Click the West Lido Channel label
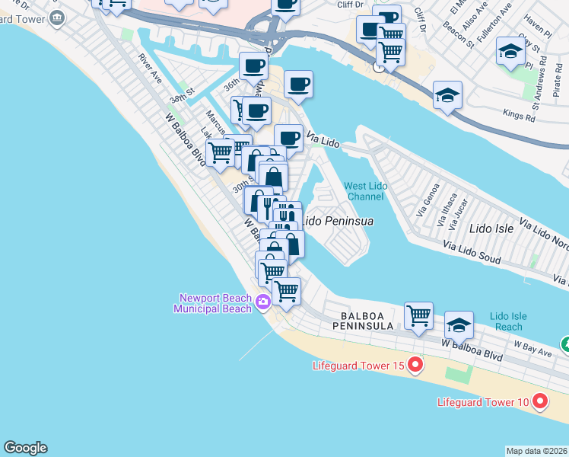click(364, 190)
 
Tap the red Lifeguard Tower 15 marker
click(415, 366)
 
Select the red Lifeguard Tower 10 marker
click(540, 400)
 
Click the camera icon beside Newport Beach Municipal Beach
click(262, 302)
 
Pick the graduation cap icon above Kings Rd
click(447, 96)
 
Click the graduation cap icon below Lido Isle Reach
click(459, 325)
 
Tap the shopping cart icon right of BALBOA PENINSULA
click(418, 315)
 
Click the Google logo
click(25, 448)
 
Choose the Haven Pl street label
click(536, 30)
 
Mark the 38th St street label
click(183, 99)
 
